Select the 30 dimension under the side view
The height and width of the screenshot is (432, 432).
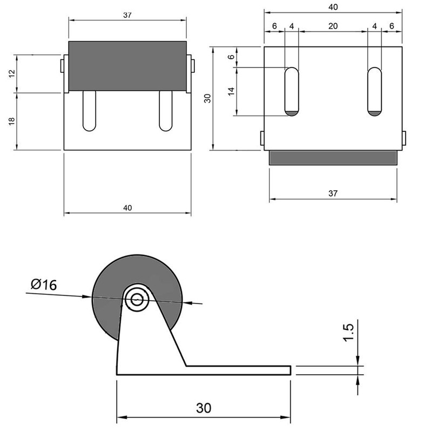click(x=203, y=408)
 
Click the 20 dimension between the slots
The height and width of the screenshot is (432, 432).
click(x=333, y=25)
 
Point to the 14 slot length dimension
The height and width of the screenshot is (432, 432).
click(x=232, y=91)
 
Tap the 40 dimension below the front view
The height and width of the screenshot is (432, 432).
click(x=127, y=207)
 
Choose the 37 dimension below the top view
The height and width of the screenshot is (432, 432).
click(x=333, y=193)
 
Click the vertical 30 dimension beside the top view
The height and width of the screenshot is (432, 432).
click(x=207, y=98)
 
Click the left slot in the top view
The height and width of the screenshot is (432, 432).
click(x=292, y=92)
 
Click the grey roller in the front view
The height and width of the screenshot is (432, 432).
click(x=127, y=65)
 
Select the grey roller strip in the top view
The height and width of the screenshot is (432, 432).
click(x=333, y=157)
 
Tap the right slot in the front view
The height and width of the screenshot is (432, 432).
click(x=165, y=111)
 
